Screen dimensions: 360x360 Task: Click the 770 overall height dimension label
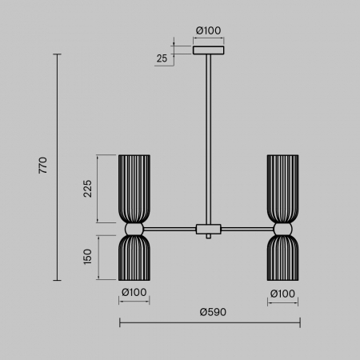pyautogui.click(x=44, y=166)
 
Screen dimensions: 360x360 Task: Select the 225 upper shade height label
pyautogui.click(x=88, y=189)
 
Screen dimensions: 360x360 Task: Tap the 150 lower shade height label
pyautogui.click(x=88, y=257)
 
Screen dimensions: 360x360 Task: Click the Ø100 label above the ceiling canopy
pyautogui.click(x=209, y=31)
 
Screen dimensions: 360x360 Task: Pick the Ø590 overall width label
pyautogui.click(x=210, y=311)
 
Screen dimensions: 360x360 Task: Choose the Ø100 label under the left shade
pyautogui.click(x=134, y=293)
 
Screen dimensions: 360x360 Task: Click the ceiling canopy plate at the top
pyautogui.click(x=210, y=50)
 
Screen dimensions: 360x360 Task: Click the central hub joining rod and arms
pyautogui.click(x=210, y=230)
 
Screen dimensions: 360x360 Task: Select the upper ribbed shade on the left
pyautogui.click(x=133, y=188)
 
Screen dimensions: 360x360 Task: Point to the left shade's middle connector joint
pyautogui.click(x=133, y=230)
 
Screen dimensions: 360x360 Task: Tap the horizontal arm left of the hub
pyautogui.click(x=170, y=230)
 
